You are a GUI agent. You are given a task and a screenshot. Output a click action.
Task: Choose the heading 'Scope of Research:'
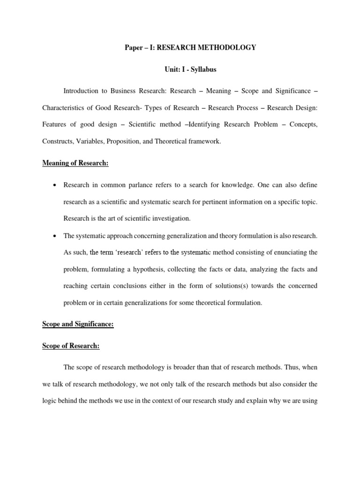71,346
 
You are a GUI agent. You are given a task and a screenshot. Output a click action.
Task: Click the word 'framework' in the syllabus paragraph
202,141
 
